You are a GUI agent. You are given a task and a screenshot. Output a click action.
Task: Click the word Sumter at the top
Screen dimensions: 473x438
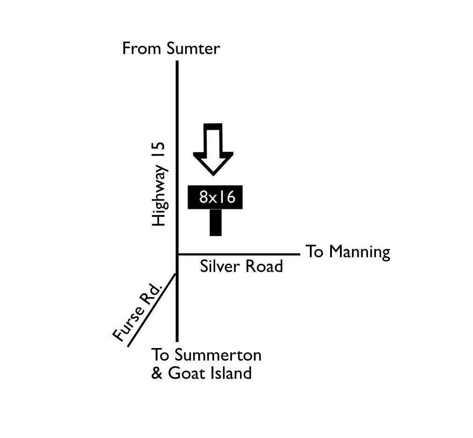pyautogui.click(x=193, y=48)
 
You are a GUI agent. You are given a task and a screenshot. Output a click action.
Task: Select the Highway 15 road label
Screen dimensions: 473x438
pyautogui.click(x=158, y=184)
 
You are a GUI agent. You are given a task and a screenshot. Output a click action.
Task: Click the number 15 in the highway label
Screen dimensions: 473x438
pyautogui.click(x=158, y=149)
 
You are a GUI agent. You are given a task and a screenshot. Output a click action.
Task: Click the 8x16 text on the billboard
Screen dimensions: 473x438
pyautogui.click(x=217, y=197)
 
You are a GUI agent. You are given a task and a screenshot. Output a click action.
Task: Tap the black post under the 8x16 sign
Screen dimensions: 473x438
pyautogui.click(x=216, y=223)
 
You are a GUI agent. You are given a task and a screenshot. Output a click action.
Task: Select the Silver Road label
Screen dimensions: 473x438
pyautogui.click(x=241, y=266)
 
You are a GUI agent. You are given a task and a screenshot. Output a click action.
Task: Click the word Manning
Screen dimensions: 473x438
pyautogui.click(x=359, y=252)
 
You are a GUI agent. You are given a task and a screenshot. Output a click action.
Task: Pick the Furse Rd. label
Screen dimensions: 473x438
pyautogui.click(x=137, y=312)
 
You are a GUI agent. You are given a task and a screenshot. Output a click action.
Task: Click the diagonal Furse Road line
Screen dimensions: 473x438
pyautogui.click(x=152, y=310)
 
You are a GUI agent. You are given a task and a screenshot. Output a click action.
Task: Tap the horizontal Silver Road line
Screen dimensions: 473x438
pyautogui.click(x=239, y=254)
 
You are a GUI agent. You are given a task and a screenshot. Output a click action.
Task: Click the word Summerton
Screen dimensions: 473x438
pyautogui.click(x=218, y=355)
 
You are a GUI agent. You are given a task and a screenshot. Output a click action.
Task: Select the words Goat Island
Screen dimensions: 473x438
pyautogui.click(x=210, y=373)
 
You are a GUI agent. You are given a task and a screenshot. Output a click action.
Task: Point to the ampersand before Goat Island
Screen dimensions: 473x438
pyautogui.click(x=157, y=373)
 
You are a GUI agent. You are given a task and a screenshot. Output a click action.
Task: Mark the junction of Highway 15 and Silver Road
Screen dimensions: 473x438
pyautogui.click(x=177, y=254)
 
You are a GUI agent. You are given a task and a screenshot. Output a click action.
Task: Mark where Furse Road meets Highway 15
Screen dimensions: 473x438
pyautogui.click(x=176, y=274)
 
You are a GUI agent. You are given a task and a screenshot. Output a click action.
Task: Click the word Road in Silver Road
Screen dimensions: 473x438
pyautogui.click(x=264, y=266)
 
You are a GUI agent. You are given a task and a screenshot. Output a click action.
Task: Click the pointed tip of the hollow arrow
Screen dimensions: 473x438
pyautogui.click(x=213, y=175)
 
